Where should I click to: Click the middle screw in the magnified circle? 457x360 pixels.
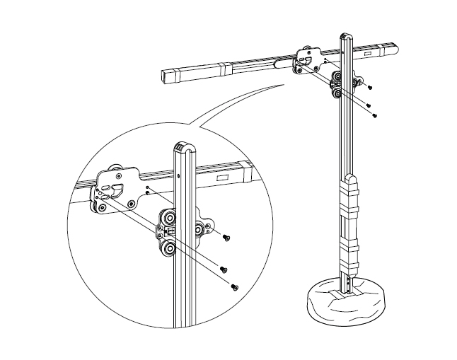coord(224,269)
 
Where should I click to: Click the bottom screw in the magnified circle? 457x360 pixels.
coord(235,286)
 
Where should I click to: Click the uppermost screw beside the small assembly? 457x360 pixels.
coord(369,86)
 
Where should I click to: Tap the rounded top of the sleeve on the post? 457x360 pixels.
coord(352,178)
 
